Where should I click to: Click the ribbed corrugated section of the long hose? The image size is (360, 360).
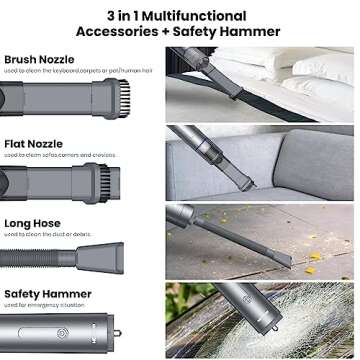(50, 256)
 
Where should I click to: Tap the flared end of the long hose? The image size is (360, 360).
(130, 256)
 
